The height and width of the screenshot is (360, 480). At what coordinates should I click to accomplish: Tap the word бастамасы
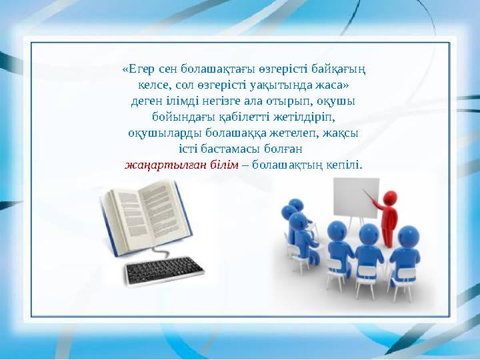click(227, 148)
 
